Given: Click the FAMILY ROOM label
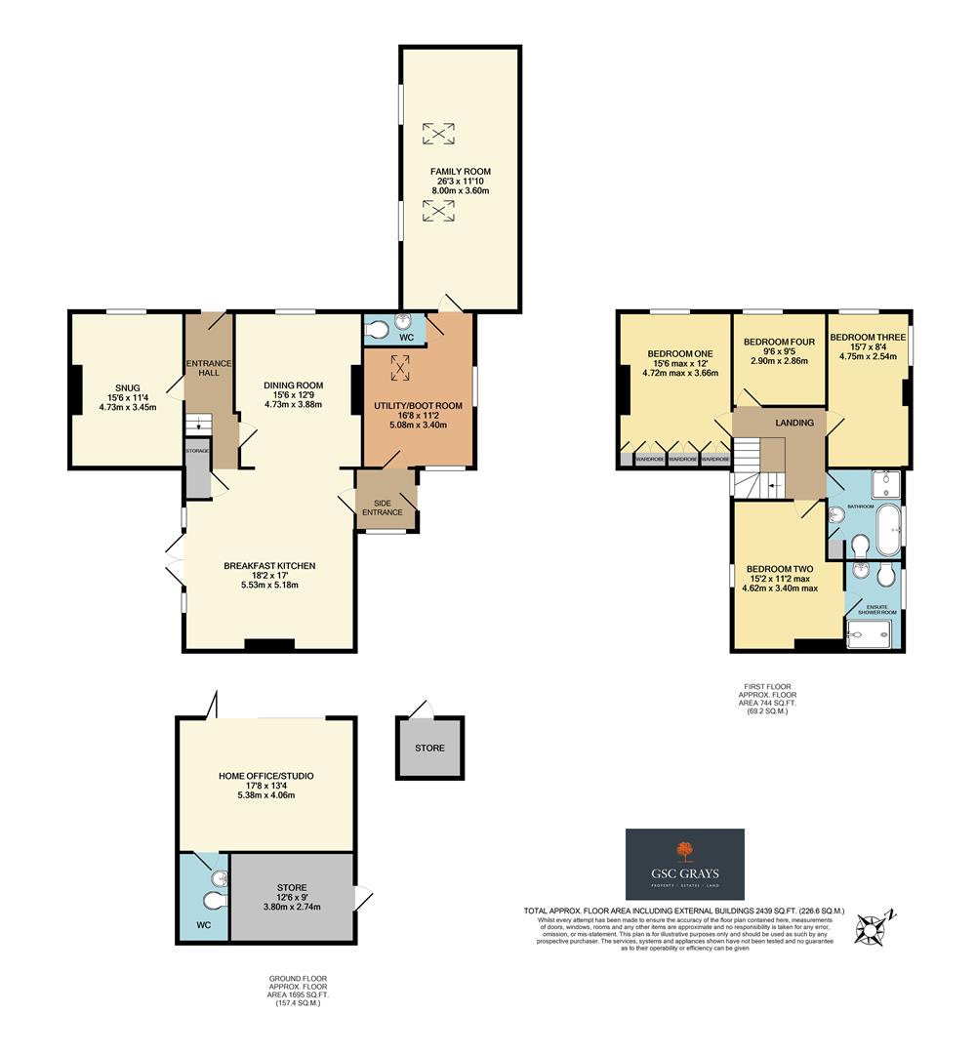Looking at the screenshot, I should coord(461,172).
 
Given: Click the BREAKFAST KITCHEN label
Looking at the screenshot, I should coord(269,566).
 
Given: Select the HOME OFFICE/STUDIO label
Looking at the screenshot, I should coord(265,776).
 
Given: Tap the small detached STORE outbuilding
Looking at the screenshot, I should coord(428,749).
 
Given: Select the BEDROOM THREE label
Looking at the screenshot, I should coord(867,338).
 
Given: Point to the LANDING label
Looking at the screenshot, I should coord(794,423).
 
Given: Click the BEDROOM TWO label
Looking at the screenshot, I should coord(780,569).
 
